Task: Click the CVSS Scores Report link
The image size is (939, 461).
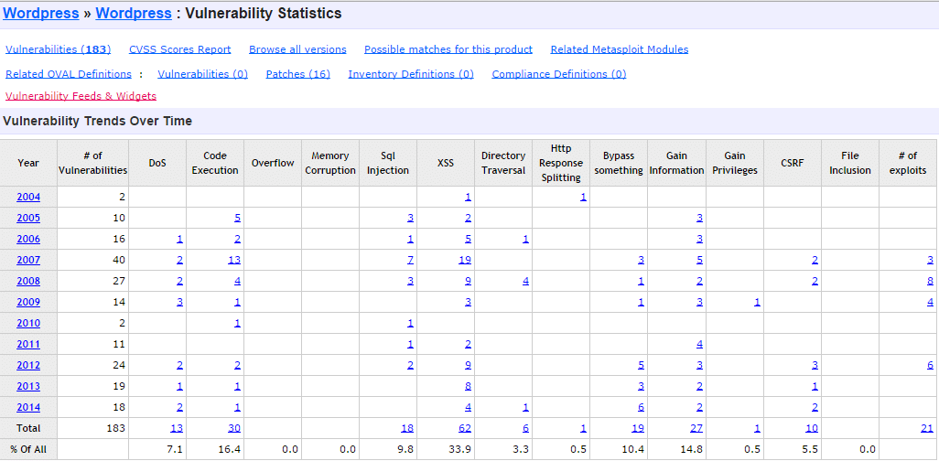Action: click(180, 49)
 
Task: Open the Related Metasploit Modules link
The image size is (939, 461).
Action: click(619, 49)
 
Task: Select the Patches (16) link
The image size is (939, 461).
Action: click(297, 74)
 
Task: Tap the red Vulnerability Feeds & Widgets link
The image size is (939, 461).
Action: click(81, 96)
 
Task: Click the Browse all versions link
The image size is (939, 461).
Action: click(297, 49)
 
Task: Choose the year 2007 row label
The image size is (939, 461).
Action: click(28, 260)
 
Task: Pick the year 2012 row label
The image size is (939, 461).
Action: click(28, 365)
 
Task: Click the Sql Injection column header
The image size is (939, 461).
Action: click(388, 163)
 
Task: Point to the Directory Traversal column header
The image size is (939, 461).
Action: click(503, 163)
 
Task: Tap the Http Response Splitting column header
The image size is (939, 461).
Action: click(561, 163)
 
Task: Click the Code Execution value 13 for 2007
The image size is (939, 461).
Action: click(233, 260)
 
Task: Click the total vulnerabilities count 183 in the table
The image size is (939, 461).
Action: click(115, 428)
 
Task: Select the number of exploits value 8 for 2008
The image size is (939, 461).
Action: click(930, 281)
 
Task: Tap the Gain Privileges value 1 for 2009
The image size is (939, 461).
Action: click(757, 302)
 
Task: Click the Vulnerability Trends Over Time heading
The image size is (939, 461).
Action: click(97, 121)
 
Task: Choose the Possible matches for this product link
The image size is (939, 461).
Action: click(448, 49)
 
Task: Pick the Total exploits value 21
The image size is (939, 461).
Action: click(926, 428)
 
